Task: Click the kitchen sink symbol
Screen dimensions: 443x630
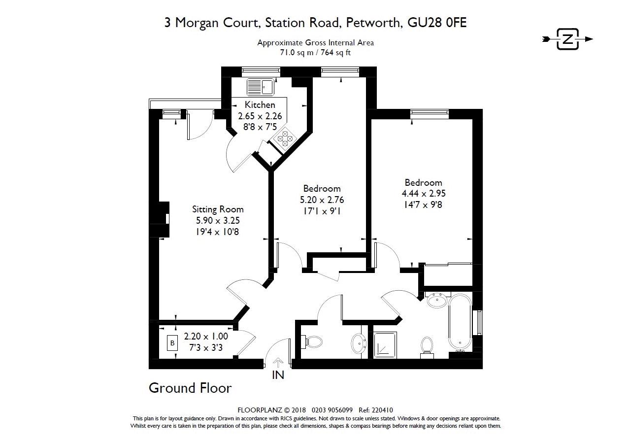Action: tap(260, 87)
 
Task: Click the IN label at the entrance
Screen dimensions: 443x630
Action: tap(278, 375)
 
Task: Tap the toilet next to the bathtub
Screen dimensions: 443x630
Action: tap(427, 346)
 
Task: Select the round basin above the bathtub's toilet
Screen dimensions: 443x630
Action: tap(437, 300)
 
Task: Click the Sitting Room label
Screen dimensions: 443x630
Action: tap(218, 209)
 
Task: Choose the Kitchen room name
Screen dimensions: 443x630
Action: tap(260, 105)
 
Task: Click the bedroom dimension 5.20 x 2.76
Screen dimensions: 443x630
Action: tap(322, 200)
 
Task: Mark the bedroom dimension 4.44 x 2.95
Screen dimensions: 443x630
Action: tap(423, 194)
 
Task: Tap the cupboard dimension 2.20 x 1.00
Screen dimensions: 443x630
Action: tap(206, 337)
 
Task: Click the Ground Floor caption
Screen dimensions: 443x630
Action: tap(190, 388)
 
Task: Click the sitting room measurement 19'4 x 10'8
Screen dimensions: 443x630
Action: tap(218, 232)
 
